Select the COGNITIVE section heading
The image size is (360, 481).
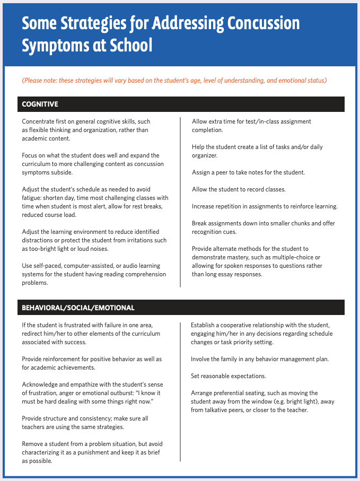point(40,104)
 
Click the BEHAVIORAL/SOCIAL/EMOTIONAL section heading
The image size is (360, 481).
point(78,308)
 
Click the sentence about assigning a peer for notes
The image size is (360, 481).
point(256,172)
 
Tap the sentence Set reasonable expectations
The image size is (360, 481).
point(229,376)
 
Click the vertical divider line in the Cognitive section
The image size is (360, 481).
point(180,202)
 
